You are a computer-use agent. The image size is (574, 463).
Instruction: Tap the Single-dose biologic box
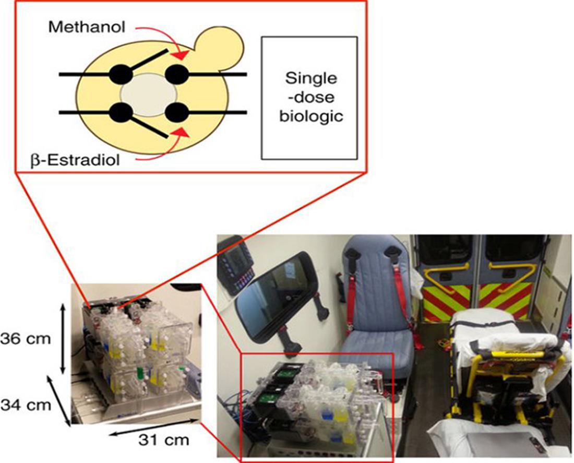(x=309, y=97)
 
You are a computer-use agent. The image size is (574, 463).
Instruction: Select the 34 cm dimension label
(x=26, y=403)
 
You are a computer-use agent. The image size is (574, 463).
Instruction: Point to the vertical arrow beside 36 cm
(x=63, y=339)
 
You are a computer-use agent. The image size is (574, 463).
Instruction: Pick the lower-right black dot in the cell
(x=177, y=112)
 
